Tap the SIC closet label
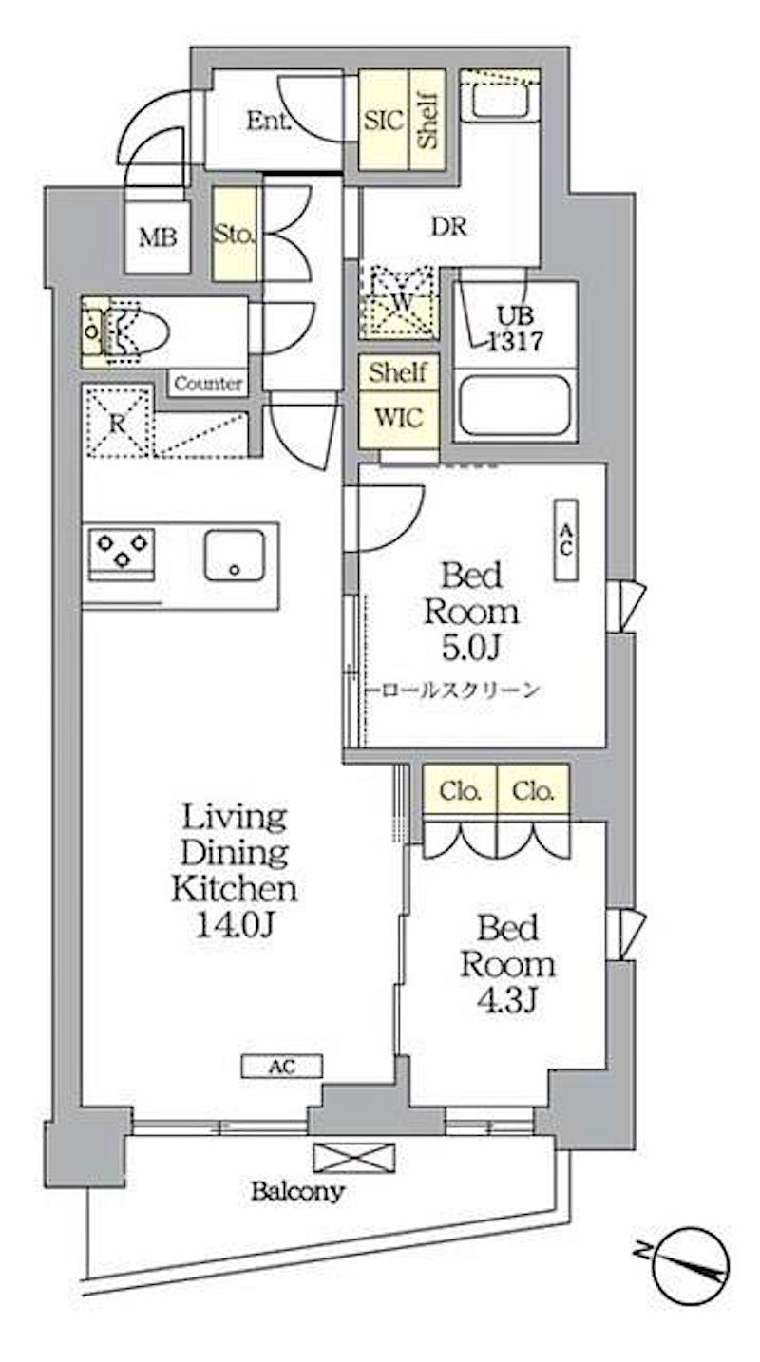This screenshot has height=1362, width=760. click(383, 121)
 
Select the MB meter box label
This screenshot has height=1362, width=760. click(158, 237)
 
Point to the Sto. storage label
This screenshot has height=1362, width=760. click(234, 234)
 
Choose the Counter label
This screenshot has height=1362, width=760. click(208, 384)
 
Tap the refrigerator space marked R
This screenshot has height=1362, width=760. click(118, 422)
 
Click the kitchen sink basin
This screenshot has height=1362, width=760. click(234, 555)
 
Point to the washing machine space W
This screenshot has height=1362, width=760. click(398, 302)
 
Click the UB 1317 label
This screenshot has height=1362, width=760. click(516, 329)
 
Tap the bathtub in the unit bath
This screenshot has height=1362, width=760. click(515, 405)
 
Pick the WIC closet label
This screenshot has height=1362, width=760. click(399, 418)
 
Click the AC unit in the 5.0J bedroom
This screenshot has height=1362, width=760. click(565, 539)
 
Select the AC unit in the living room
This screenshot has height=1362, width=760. click(281, 1066)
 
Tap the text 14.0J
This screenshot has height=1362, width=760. click(234, 925)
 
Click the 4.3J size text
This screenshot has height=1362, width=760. click(506, 1001)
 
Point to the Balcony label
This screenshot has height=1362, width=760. click(298, 1191)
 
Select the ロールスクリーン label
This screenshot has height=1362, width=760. click(460, 690)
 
